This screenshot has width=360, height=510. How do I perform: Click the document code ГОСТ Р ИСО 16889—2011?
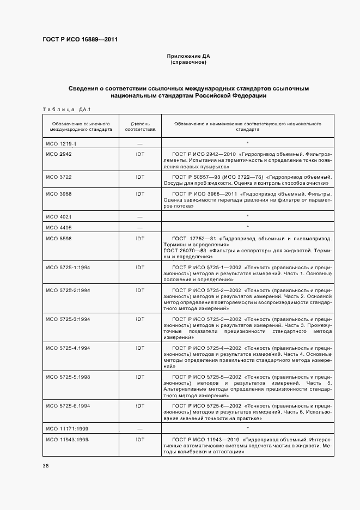(80, 40)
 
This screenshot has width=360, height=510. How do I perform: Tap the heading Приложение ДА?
(188, 56)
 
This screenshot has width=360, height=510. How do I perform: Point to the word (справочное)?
(188, 63)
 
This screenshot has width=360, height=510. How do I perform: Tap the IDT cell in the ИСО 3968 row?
(140, 193)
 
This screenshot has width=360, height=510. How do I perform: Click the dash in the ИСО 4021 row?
(140, 217)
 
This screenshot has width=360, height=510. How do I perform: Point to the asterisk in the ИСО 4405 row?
(247, 227)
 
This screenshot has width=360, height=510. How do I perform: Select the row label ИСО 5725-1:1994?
(68, 268)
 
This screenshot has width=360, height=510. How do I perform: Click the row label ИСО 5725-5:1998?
(68, 377)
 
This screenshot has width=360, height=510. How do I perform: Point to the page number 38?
(45, 465)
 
